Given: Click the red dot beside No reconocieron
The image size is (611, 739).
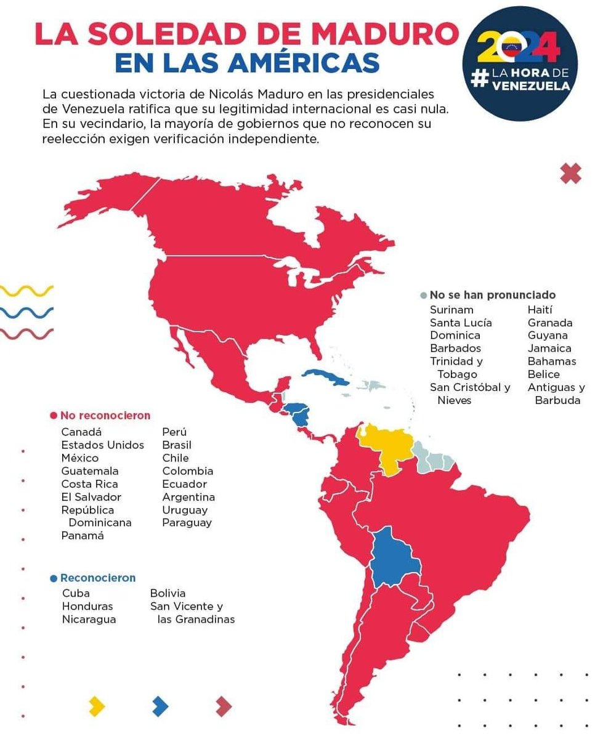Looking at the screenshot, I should click(x=54, y=416).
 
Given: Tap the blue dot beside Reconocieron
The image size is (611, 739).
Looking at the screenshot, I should click(x=54, y=578).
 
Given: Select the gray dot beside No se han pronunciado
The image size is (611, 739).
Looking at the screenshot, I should click(x=423, y=296).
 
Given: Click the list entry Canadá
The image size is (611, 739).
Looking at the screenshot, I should click(x=81, y=432).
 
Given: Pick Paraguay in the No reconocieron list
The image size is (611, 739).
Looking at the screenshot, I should click(x=187, y=523).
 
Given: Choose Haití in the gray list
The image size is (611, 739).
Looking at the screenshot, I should click(x=540, y=310).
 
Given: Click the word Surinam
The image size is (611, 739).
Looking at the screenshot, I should click(x=451, y=310).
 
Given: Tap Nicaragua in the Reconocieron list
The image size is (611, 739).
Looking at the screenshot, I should click(x=89, y=620).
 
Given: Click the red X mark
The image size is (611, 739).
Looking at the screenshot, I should click(x=571, y=174).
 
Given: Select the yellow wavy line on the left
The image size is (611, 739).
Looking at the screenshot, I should click(x=27, y=290).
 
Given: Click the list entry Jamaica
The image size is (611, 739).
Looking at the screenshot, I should click(x=549, y=349).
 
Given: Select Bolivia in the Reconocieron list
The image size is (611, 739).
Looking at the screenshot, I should click(x=168, y=594).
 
